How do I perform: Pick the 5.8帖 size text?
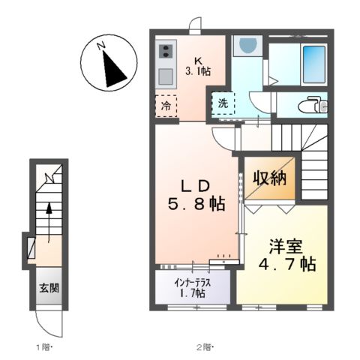193,204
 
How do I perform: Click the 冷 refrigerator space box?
166,106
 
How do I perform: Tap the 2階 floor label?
205,346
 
